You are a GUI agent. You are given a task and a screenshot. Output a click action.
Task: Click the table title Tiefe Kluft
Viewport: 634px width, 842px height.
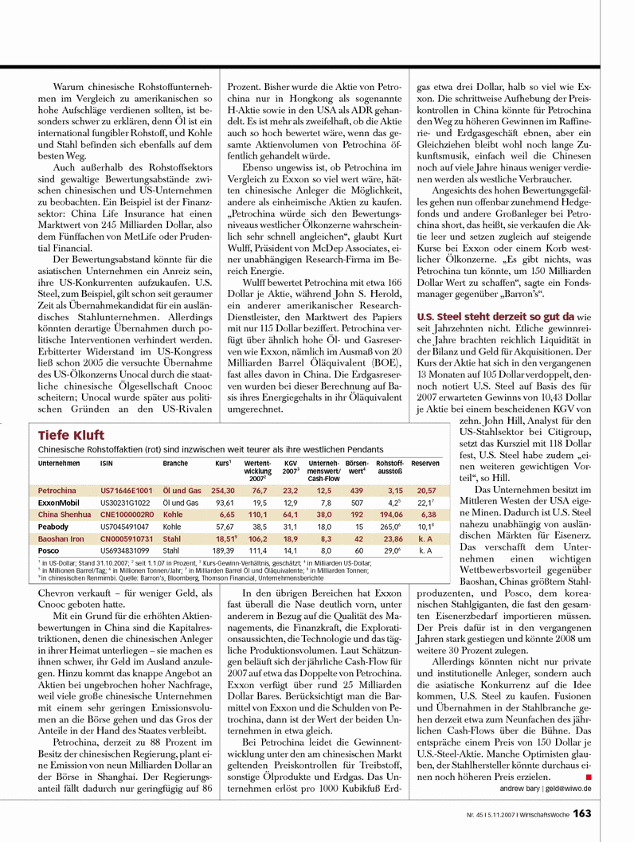[x=69, y=436]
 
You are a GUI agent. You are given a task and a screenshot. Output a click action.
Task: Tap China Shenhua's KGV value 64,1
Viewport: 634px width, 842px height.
[x=291, y=515]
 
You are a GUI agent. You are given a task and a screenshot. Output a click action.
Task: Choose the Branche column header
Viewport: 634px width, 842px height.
[x=175, y=463]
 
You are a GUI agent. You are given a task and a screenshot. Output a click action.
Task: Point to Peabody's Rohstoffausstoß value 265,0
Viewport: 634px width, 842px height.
[x=389, y=527]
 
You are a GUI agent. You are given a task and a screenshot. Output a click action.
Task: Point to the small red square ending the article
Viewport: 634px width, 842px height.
[x=588, y=774]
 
